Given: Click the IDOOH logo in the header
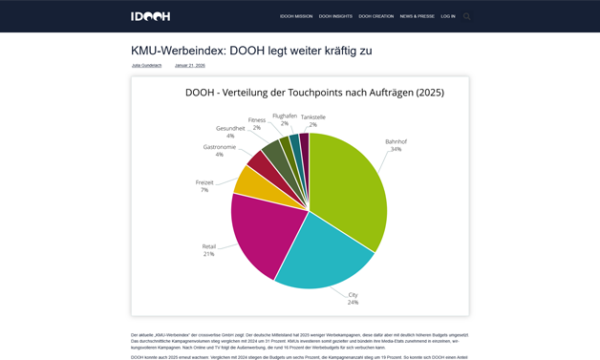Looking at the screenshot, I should tap(150, 16).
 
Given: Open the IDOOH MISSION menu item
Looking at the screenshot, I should tap(296, 16).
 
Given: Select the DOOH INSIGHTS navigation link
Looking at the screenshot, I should tap(335, 16).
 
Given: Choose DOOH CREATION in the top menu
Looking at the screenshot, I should tap(376, 16).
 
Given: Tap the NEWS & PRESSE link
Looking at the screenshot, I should tap(418, 16).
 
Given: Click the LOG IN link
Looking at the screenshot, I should tap(448, 16).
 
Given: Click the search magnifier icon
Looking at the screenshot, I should tap(467, 16).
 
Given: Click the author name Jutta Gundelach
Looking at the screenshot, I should tap(147, 66).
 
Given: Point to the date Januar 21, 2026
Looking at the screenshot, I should tap(190, 66).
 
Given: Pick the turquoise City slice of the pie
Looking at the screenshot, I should tap(320, 253).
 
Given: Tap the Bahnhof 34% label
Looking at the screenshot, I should tap(396, 145).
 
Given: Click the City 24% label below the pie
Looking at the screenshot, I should tap(353, 299).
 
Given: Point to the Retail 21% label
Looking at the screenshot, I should tap(209, 250).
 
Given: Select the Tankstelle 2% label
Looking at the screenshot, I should tap(313, 121).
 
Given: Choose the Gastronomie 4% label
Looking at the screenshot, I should tap(220, 151).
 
